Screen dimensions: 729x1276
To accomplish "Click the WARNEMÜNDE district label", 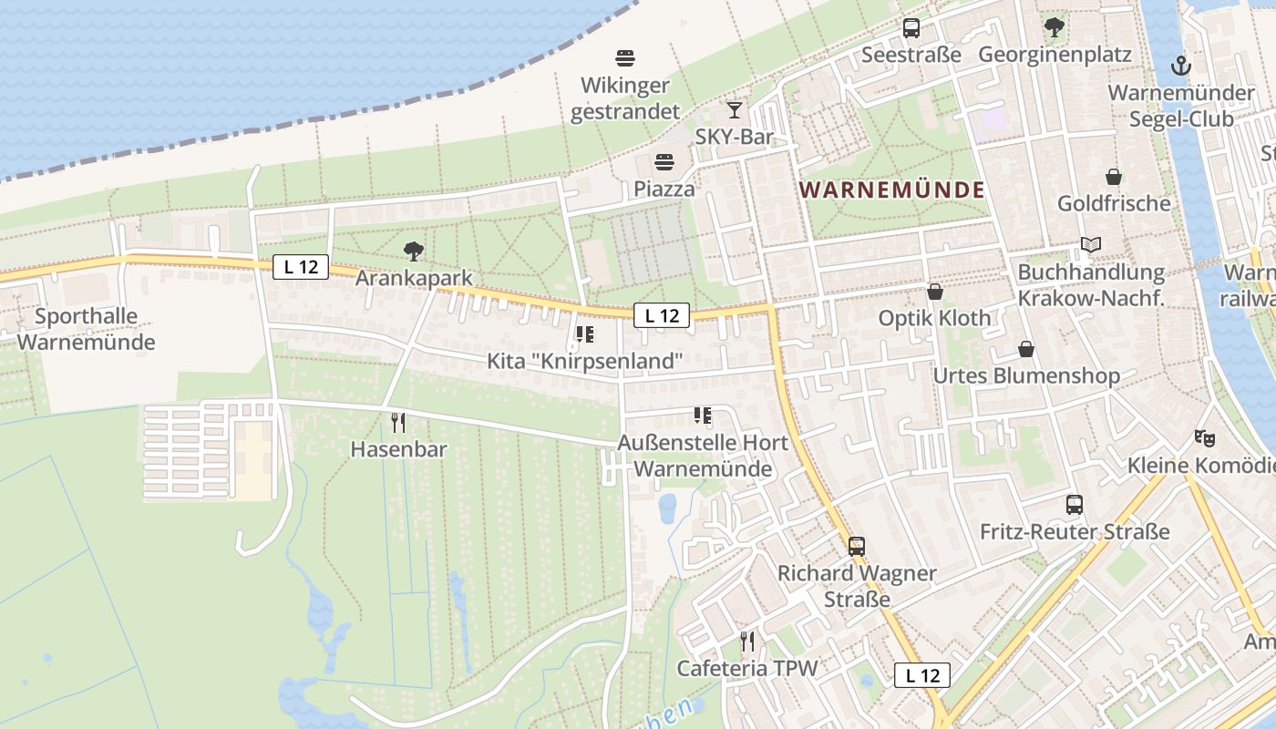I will (892, 190).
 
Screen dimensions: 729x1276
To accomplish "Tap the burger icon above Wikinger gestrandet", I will (625, 58).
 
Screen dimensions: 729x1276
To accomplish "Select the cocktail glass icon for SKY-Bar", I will (735, 111).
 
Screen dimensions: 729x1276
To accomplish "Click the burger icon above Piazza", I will (664, 163).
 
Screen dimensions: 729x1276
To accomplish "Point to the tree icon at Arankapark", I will (414, 251).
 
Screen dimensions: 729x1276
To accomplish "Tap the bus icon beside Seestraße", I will (911, 28).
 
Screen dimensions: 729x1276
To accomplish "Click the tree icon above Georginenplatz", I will (1055, 27).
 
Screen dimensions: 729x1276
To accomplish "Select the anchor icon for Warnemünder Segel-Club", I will (1181, 66).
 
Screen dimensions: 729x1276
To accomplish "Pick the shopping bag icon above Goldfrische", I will (1113, 177).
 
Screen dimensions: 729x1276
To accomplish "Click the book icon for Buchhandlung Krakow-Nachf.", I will (1091, 244).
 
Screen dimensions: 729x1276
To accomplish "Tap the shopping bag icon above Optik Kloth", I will (934, 292).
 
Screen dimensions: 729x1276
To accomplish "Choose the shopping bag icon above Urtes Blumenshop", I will (1026, 349).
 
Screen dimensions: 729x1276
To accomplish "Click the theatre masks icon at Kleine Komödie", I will (1205, 438).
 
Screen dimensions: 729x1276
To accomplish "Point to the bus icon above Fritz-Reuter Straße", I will (1075, 505).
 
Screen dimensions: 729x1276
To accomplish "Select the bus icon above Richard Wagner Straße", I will (857, 547).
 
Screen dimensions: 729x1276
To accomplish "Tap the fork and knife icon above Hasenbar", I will (398, 423).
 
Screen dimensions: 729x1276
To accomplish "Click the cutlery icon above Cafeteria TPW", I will (747, 642).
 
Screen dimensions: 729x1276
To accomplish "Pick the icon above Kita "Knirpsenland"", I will (585, 334).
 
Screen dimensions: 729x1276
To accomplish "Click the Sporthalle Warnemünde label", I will (86, 330).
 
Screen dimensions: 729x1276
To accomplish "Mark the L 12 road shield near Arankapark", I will (300, 267).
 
